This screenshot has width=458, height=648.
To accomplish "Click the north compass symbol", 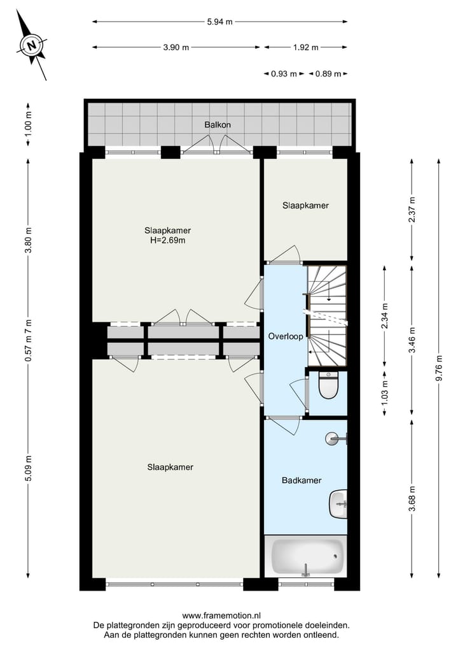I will [x=31, y=45].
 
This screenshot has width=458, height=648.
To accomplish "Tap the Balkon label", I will [x=218, y=124].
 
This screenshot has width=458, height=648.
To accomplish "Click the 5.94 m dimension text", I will [x=219, y=22].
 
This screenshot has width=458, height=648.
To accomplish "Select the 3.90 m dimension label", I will [x=176, y=47].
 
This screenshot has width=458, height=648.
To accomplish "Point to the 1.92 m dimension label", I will [x=305, y=47].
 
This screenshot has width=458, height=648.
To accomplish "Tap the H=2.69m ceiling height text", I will [x=169, y=240].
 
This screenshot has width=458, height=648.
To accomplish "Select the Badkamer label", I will [x=302, y=480].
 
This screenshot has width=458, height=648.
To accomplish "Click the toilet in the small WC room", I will [x=328, y=386].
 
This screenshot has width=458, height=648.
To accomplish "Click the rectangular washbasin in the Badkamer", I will [x=339, y=503].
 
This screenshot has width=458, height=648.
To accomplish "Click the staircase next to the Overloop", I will [x=327, y=315].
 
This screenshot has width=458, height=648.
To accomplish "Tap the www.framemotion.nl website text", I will [x=221, y=616].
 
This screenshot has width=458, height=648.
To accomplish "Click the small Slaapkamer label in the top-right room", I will [x=305, y=206].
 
